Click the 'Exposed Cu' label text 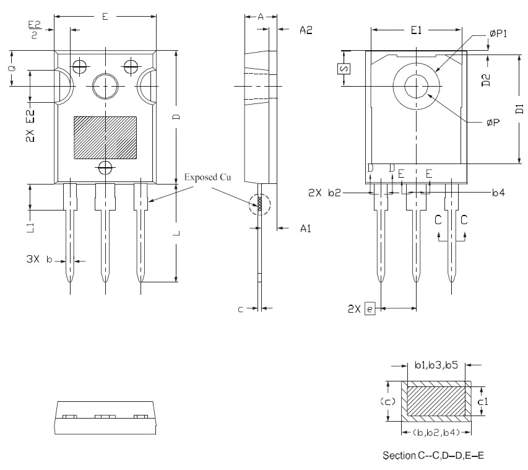tap(207, 178)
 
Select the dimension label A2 tap(306, 30)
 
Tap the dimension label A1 tap(305, 229)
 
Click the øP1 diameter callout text tap(498, 35)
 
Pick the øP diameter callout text tap(493, 123)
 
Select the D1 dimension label tap(519, 110)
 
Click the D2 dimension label tap(487, 79)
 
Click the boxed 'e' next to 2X tap(370, 308)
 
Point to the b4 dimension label tap(498, 193)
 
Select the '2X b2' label tap(325, 193)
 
